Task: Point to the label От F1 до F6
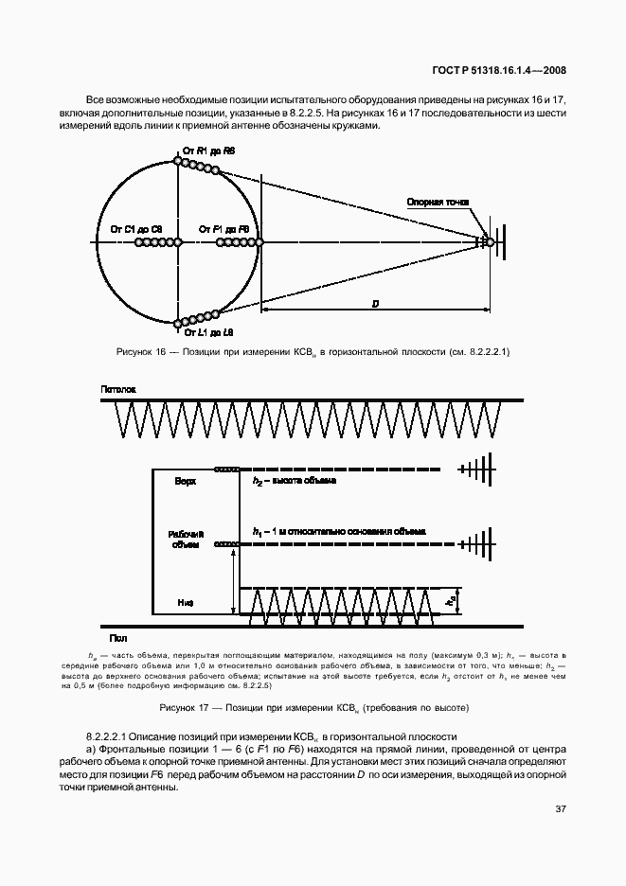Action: coord(224,229)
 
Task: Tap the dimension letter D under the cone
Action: coord(376,303)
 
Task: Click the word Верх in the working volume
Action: coord(186,482)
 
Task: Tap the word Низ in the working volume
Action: coord(186,600)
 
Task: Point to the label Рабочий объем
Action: coord(186,539)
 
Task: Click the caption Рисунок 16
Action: coord(312,352)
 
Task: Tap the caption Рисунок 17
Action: coord(312,707)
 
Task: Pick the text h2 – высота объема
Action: coord(295,482)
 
